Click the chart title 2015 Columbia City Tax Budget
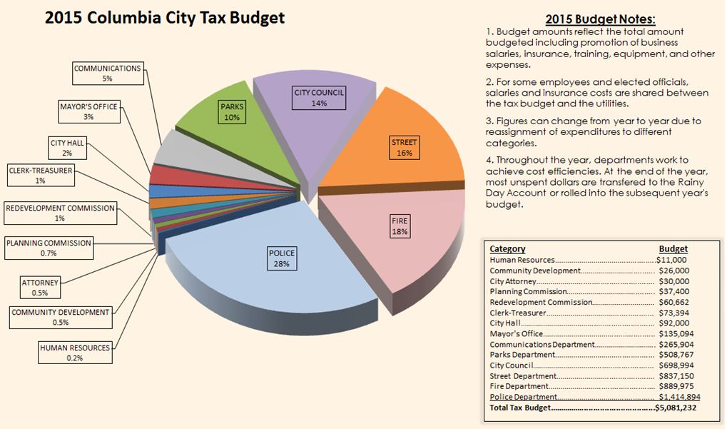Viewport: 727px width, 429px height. coord(165,18)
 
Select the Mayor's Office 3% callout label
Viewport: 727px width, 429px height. coord(89,111)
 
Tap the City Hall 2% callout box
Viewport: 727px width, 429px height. coord(68,148)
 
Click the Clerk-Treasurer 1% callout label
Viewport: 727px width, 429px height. coord(40,176)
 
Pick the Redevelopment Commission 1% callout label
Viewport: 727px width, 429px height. coord(60,213)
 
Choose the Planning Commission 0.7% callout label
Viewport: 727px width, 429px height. coord(49,248)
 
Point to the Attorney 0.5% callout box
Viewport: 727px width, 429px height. coord(40,287)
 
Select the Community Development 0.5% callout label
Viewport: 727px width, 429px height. coord(61,317)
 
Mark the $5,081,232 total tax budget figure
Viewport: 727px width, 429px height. coord(676,408)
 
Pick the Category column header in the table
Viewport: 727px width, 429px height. coord(507,249)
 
